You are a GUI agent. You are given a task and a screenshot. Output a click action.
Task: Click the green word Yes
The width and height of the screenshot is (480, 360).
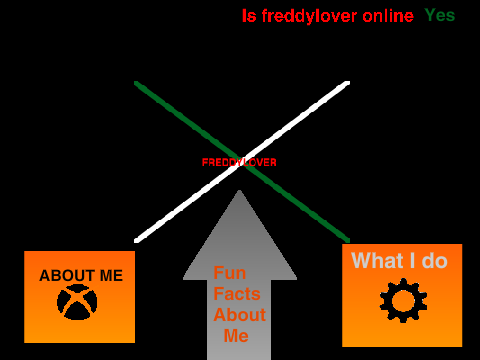click(x=440, y=15)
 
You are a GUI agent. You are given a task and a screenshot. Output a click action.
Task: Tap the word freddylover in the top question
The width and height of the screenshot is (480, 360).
click(x=310, y=17)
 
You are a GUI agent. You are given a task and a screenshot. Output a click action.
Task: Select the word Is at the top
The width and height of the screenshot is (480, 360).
click(x=249, y=16)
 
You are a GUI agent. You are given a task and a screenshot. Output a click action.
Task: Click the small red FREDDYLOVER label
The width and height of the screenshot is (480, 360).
click(x=239, y=162)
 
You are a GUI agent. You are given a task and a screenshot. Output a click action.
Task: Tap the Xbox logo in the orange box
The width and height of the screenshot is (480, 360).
click(x=77, y=302)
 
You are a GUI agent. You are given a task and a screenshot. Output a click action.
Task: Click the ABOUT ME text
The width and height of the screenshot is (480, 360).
click(x=81, y=276)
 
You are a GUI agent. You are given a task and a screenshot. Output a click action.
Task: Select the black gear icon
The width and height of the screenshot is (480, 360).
click(x=403, y=300)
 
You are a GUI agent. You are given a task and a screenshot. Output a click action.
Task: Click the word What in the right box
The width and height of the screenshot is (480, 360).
click(x=377, y=260)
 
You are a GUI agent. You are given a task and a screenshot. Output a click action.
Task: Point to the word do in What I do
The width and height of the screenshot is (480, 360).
click(x=434, y=260)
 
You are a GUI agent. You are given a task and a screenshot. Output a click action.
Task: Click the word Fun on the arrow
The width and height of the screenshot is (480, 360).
click(x=230, y=273)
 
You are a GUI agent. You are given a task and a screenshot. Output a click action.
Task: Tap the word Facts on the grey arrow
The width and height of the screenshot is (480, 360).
click(x=237, y=294)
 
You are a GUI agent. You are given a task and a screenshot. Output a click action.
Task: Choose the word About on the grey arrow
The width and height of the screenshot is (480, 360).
click(x=240, y=315)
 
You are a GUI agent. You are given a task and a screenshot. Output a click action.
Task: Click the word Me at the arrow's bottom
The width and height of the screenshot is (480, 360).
click(x=236, y=336)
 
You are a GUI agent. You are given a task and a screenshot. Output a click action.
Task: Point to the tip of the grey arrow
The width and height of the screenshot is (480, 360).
click(x=239, y=190)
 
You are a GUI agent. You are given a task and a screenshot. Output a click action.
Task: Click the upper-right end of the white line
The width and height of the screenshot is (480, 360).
click(x=348, y=83)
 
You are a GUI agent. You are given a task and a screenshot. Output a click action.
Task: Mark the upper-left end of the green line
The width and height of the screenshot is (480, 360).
click(x=136, y=83)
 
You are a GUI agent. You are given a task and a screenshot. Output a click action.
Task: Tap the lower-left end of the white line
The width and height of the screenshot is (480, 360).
click(x=136, y=241)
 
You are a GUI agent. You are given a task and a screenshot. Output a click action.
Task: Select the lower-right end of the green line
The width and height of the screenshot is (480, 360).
click(x=348, y=240)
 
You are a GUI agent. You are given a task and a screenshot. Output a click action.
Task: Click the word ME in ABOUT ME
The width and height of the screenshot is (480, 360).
click(x=111, y=276)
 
